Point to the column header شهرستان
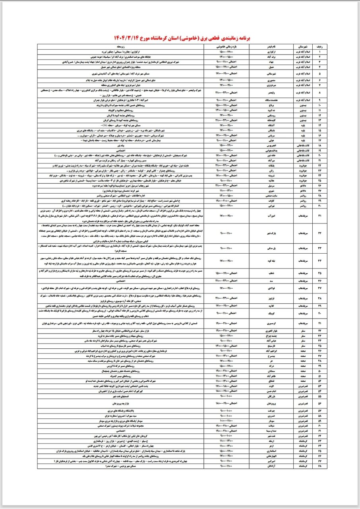click(298, 46)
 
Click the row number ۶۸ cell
click(319, 465)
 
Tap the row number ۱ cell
click(319, 52)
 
